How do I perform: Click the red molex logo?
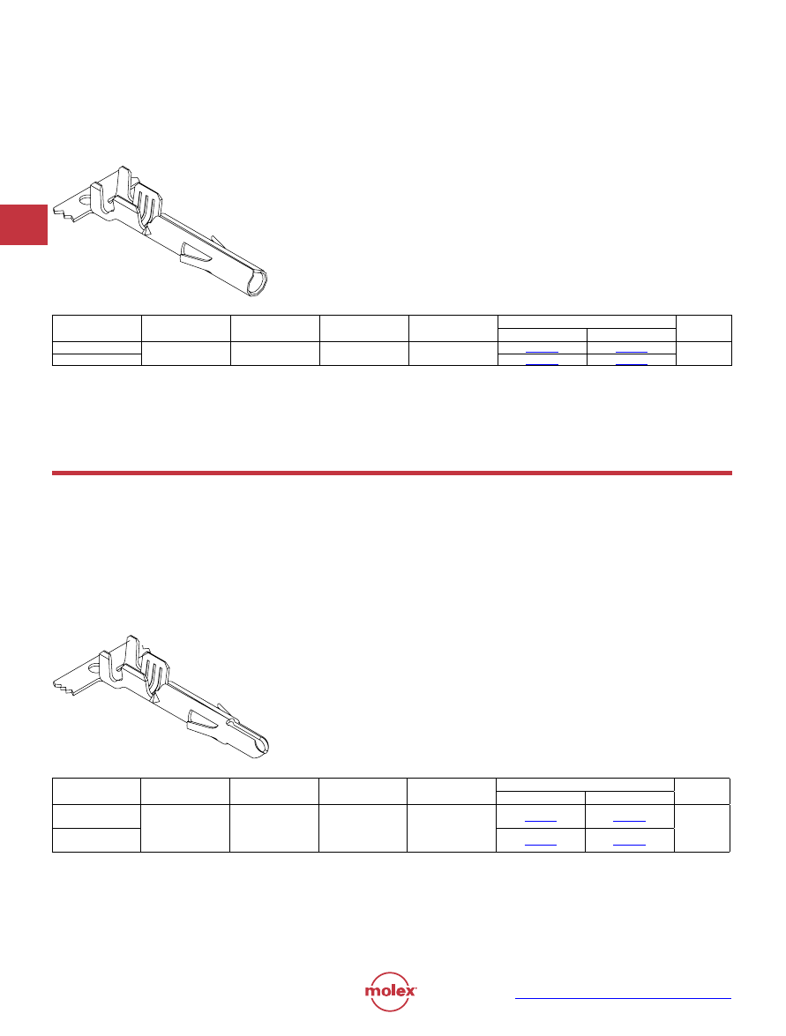tap(390, 991)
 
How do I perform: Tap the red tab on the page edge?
tap(24, 225)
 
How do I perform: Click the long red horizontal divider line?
tap(392, 473)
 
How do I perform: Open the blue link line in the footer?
tap(623, 998)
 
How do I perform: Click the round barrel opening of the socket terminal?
tap(258, 283)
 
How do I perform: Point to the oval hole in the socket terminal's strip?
tap(86, 198)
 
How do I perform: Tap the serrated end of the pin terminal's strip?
tap(63, 686)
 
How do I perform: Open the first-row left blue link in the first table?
tap(542, 352)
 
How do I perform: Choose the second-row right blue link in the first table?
tap(632, 363)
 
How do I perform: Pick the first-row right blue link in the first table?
tap(632, 352)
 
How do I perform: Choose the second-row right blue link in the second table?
tap(629, 845)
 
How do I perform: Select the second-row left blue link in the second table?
tap(541, 845)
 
